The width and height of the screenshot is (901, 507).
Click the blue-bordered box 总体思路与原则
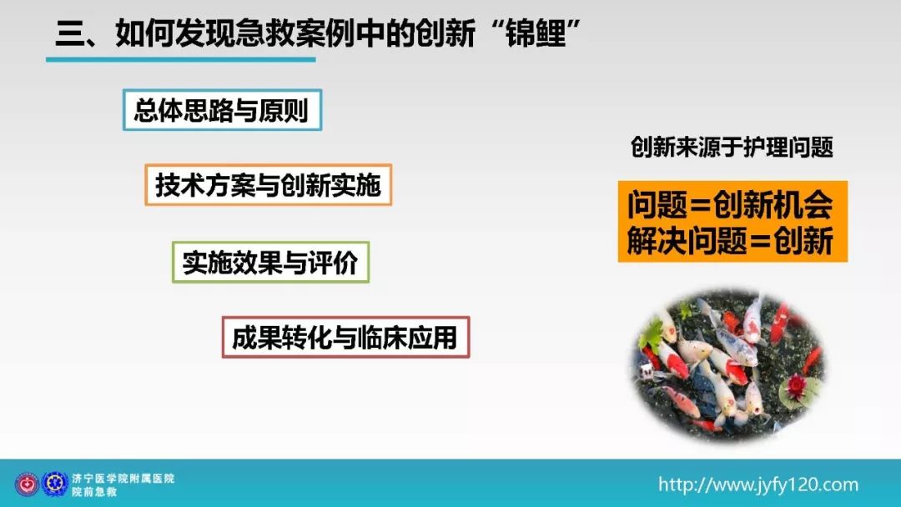pos(223,110)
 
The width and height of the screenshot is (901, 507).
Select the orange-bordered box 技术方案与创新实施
pos(269,185)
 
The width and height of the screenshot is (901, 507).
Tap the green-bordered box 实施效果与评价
pos(270,263)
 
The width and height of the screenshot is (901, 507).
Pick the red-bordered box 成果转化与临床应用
pos(346,337)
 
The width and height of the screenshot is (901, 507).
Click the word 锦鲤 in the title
pos(536,33)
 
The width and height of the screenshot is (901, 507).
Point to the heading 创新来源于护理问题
pos(732,147)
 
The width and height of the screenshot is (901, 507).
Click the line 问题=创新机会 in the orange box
pos(730,204)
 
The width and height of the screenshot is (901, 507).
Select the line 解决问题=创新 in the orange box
pos(730,240)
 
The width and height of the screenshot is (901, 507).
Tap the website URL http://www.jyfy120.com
pos(758,484)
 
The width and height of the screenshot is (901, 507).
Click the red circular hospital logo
pos(27,484)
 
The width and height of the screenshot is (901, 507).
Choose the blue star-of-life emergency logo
pos(55,484)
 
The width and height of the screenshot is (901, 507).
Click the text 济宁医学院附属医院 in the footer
pos(123,478)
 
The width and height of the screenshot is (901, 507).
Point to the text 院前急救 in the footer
pos(94,491)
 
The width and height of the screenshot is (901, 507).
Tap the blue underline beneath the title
pos(181,59)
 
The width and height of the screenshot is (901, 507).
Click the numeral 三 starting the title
pos(70,33)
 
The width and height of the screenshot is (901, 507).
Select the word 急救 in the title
pos(265,33)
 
